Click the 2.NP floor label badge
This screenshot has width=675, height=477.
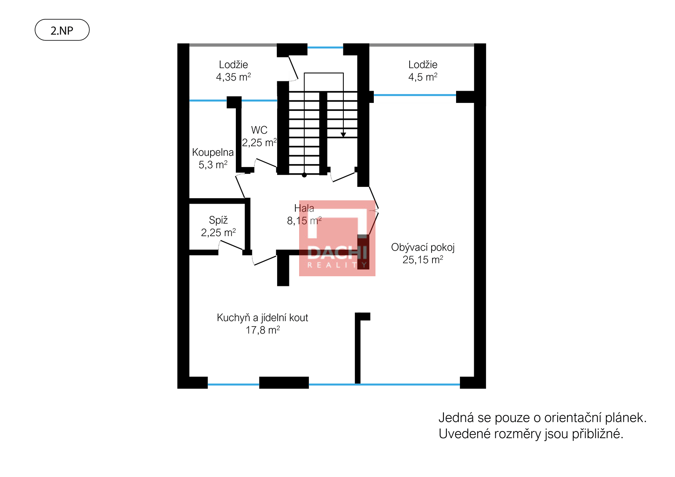pos(62,30)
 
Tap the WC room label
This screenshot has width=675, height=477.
pos(259,130)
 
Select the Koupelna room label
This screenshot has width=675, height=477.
pos(213,153)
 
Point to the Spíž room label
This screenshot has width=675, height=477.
pos(218,220)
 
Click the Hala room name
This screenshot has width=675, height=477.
pos(304,208)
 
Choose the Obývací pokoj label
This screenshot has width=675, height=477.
pos(423,248)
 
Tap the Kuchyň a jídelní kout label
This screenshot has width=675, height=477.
pos(262,318)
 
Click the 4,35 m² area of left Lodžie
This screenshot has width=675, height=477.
pos(234,77)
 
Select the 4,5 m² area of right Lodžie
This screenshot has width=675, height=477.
pos(423,77)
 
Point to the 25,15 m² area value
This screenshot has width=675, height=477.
pos(423,260)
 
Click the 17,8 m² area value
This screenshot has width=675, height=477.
pos(263,330)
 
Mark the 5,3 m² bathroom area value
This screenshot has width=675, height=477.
pos(213,165)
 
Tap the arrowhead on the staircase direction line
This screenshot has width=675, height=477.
pos(343,135)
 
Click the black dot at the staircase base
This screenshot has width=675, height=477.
pos(304,175)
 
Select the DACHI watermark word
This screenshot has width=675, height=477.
pos(337,253)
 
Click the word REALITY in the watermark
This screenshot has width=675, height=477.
pos(337,265)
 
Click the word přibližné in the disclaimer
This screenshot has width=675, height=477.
pos(597,434)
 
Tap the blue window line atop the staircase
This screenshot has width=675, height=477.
pos(325,47)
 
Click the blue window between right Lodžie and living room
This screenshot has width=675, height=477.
pos(415,95)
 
